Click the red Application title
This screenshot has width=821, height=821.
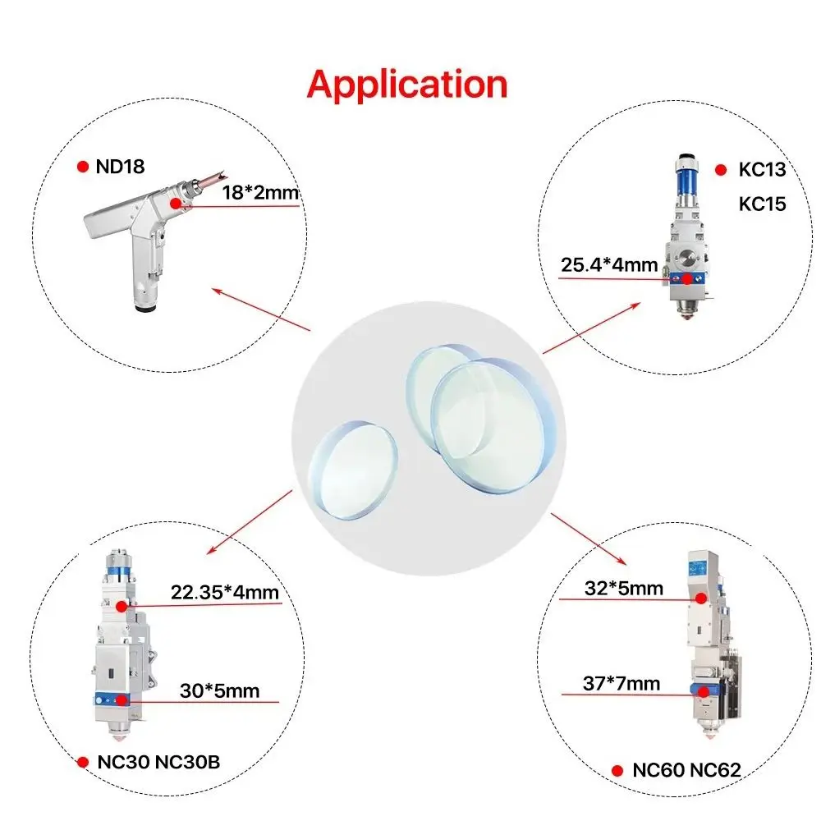pos(407,85)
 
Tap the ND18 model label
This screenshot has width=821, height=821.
pos(120,167)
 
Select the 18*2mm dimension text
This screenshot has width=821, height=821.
pos(260,192)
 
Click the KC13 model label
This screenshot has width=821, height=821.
pos(762,169)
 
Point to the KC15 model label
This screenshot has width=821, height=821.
pos(762,204)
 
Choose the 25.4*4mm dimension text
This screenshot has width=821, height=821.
pos(609,264)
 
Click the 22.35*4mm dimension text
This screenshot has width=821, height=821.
pos(225,592)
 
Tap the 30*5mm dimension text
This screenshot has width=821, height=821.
pos(219,690)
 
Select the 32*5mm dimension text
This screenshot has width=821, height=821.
pos(624,588)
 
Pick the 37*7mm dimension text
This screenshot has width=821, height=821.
pos(621,683)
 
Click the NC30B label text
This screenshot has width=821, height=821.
pos(188,762)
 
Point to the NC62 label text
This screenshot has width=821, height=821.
pos(715,770)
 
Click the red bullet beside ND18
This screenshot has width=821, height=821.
pos(83,167)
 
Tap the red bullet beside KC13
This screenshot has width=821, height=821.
pos(721,170)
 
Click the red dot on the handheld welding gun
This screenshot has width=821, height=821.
pos(176,203)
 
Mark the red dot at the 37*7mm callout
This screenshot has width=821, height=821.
pos(704,692)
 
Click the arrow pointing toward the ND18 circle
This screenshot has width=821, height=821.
pos(261,309)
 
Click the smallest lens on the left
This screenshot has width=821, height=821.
pos(353,470)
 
